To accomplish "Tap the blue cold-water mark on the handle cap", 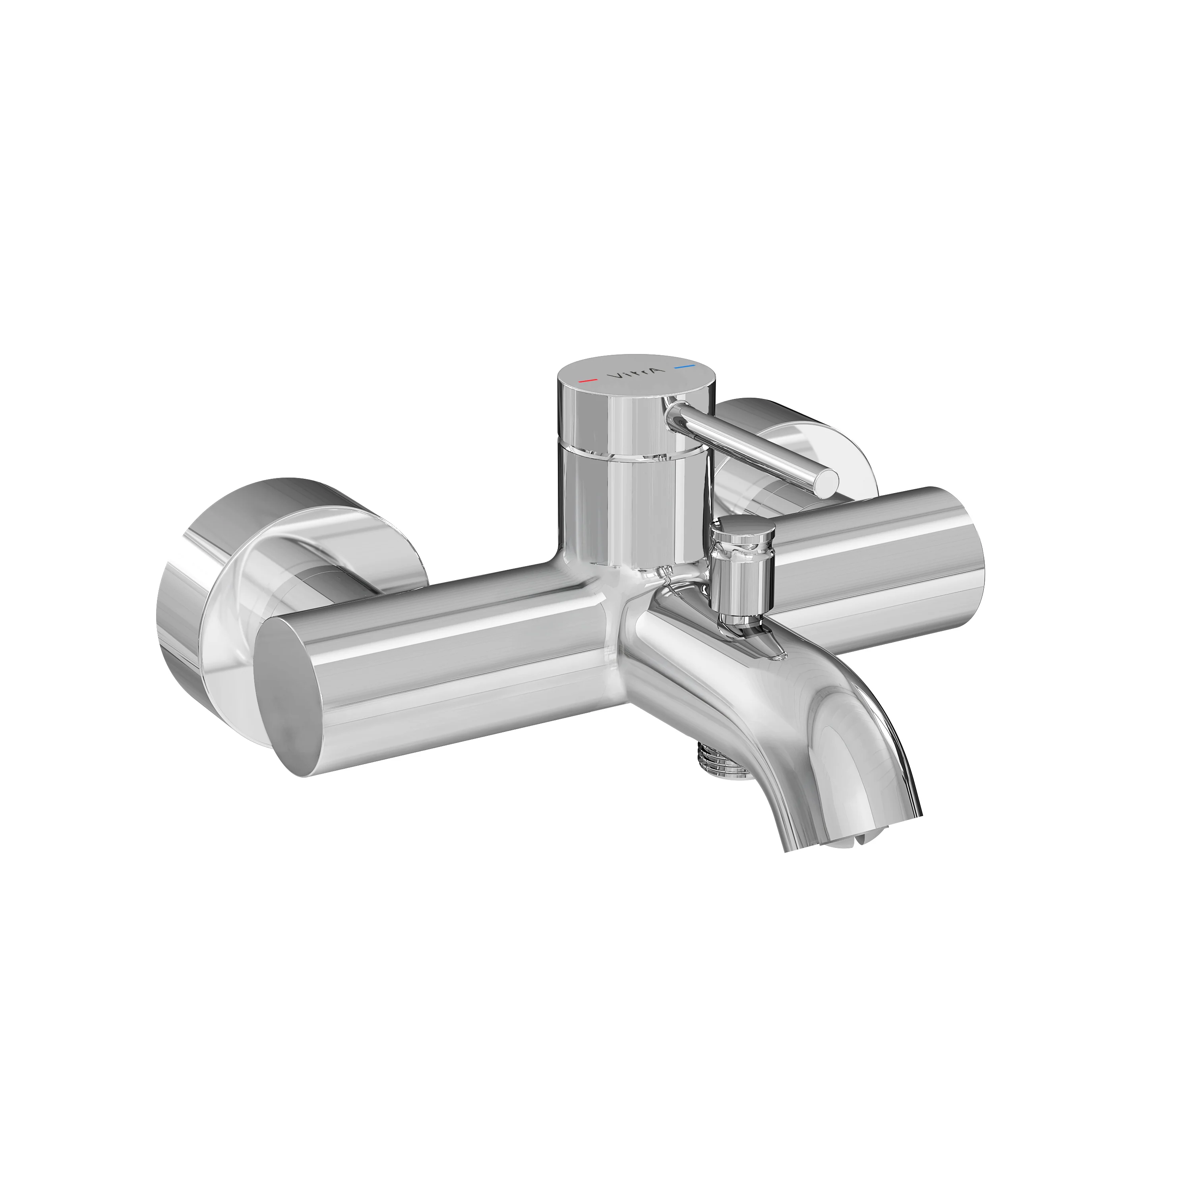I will [685, 368].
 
